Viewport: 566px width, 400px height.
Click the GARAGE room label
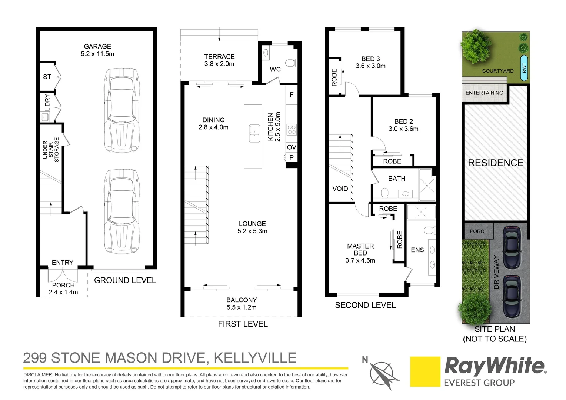[x=97, y=47]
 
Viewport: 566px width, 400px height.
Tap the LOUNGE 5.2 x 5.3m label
[x=252, y=227]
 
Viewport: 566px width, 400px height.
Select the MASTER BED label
[x=360, y=250]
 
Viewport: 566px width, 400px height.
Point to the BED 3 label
[x=370, y=59]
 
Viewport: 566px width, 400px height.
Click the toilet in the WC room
[x=291, y=62]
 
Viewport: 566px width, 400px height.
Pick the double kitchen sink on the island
[x=254, y=133]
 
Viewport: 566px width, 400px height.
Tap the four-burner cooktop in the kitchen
[x=292, y=129]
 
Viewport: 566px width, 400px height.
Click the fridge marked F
[x=292, y=95]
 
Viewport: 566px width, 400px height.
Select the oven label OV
[x=292, y=147]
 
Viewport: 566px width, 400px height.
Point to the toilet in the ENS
[x=429, y=230]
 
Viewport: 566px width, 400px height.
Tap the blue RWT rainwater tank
[x=524, y=68]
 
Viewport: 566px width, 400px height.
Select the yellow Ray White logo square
[x=425, y=371]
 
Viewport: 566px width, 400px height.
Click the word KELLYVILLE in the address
[x=255, y=358]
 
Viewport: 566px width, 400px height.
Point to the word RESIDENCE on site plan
[x=495, y=163]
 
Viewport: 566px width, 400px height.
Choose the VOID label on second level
[x=340, y=189]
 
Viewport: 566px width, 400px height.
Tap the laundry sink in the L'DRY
[x=45, y=117]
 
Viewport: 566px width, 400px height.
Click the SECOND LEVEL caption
[x=365, y=305]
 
